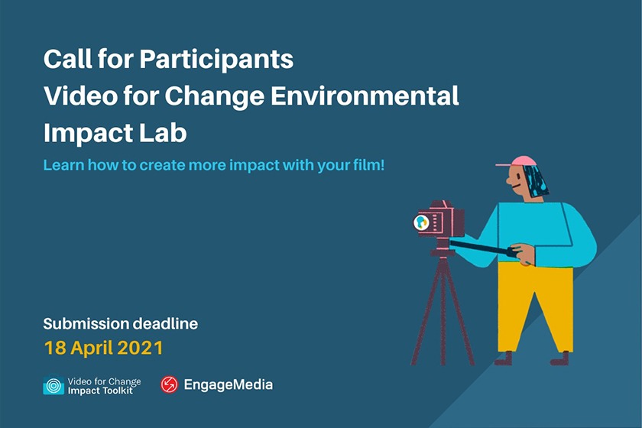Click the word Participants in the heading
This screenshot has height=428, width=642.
[x=216, y=60]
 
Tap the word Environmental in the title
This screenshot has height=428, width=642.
[x=365, y=96]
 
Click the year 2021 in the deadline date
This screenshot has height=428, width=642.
[x=141, y=348]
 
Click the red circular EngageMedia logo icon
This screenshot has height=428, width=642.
[x=169, y=384]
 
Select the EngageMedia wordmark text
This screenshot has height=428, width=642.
[x=228, y=384]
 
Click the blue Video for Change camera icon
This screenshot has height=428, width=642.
[x=53, y=384]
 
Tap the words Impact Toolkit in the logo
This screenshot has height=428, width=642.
[x=100, y=391]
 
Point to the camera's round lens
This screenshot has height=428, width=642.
[x=421, y=222]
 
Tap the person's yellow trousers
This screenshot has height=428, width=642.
[x=533, y=307]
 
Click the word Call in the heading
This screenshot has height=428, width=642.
[x=68, y=60]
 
